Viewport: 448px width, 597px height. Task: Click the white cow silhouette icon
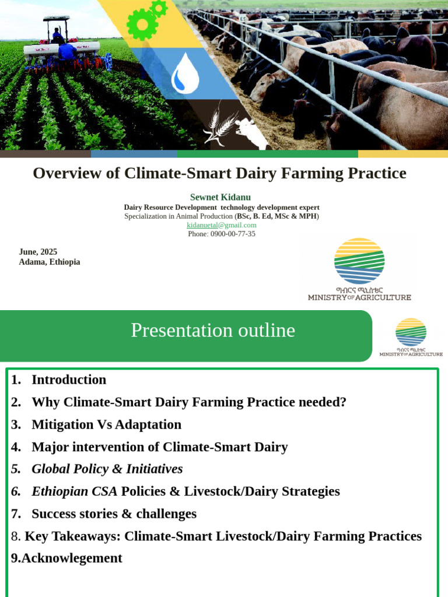pyautogui.click(x=250, y=132)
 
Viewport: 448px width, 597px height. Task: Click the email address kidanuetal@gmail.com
pyautogui.click(x=222, y=225)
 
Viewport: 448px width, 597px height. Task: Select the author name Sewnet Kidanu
pyautogui.click(x=220, y=197)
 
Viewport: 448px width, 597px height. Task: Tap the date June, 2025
pyautogui.click(x=38, y=252)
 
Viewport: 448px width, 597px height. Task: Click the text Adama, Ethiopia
pyautogui.click(x=50, y=262)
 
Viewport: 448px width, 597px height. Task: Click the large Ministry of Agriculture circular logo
pyautogui.click(x=359, y=261)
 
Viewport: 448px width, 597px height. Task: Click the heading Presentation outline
pyautogui.click(x=213, y=331)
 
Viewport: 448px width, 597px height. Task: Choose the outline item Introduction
pyautogui.click(x=69, y=380)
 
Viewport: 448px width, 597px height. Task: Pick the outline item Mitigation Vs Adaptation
pyautogui.click(x=106, y=424)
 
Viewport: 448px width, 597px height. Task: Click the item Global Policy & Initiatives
pyautogui.click(x=107, y=469)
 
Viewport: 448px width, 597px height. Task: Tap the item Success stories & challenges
pyautogui.click(x=114, y=514)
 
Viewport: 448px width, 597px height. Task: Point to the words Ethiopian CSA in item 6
pyautogui.click(x=74, y=491)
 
